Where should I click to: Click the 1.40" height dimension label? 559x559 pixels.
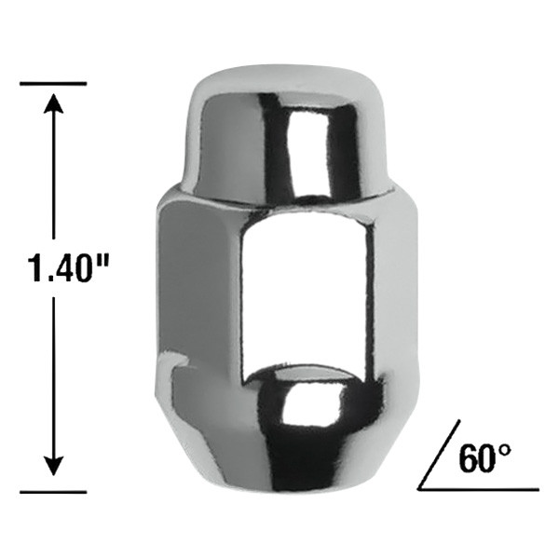point(68,267)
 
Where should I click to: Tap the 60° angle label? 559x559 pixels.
point(484,458)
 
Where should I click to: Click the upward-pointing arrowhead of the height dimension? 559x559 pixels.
point(53,103)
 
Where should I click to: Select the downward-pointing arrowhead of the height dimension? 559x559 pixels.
point(53,465)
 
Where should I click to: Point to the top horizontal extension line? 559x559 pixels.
point(53,84)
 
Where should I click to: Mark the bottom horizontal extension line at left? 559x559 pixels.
point(53,492)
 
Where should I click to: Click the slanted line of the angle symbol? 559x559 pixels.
point(439,455)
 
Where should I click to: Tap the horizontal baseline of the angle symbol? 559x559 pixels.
point(478,489)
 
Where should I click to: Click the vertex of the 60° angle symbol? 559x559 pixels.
point(419,489)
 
